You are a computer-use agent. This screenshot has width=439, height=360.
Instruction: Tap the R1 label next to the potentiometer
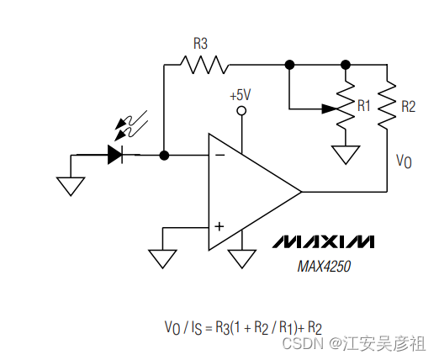coord(363,106)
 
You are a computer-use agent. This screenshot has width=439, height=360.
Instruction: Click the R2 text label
coord(408,106)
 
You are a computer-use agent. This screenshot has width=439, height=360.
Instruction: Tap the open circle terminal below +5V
coord(241,111)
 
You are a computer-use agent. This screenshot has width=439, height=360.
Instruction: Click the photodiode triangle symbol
coord(116,155)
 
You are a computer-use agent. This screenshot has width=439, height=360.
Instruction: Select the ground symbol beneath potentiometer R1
coord(345,155)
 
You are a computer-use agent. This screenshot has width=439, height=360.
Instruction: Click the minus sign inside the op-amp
coord(219,155)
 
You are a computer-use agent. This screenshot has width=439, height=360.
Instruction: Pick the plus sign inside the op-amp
coord(219,226)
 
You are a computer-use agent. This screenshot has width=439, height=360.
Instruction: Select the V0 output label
coord(405,161)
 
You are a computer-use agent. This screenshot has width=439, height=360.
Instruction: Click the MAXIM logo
coord(324,242)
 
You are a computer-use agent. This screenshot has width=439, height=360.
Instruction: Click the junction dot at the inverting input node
coord(165,155)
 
